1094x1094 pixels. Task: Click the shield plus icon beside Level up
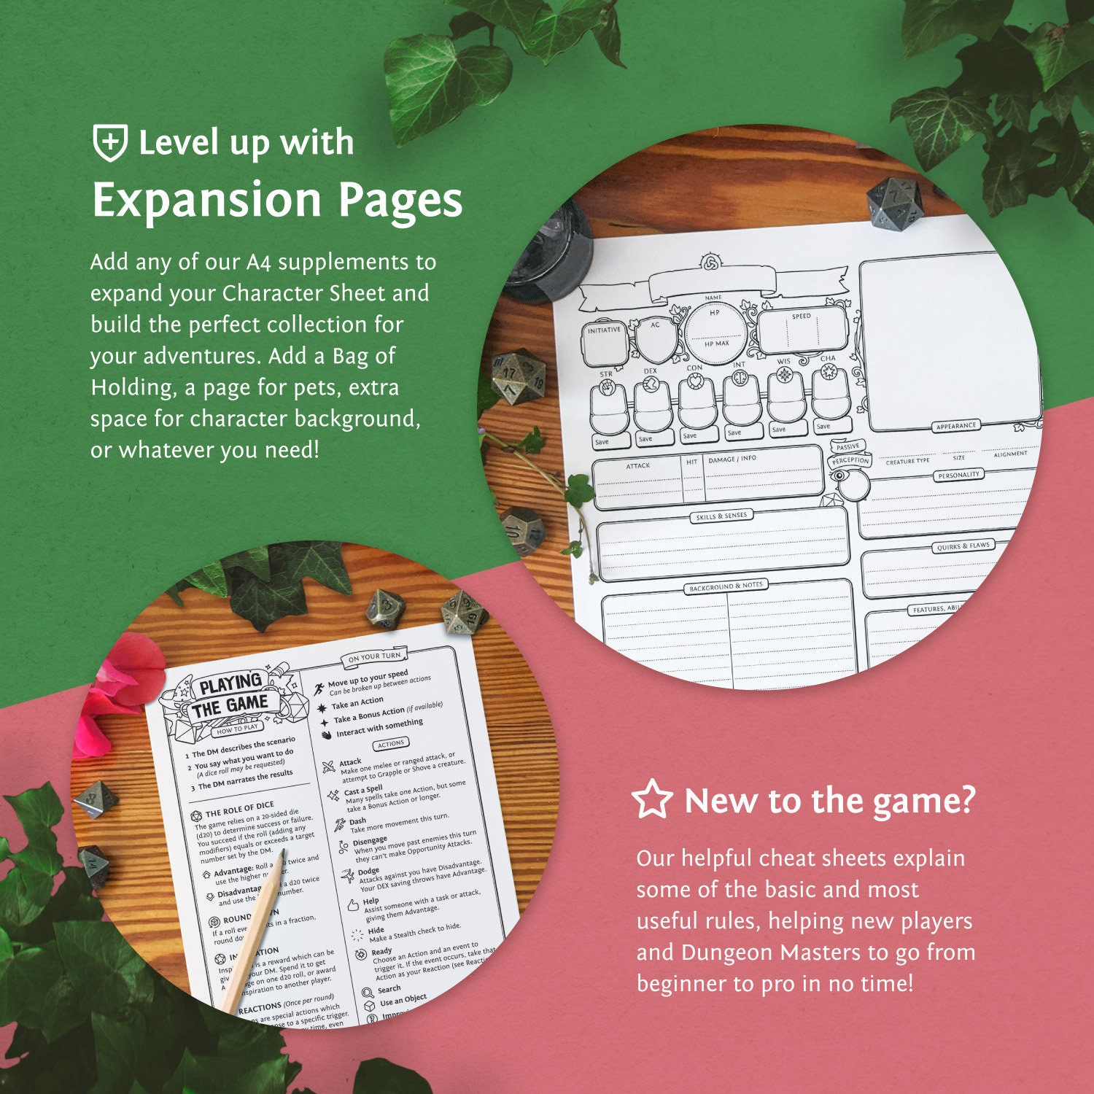click(x=110, y=142)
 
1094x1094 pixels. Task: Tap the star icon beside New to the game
click(x=651, y=799)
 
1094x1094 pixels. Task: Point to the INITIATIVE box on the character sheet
click(x=605, y=343)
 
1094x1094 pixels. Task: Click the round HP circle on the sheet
click(x=715, y=328)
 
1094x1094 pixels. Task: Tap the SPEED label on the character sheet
click(x=802, y=317)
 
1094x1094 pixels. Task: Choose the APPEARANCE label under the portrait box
click(x=955, y=426)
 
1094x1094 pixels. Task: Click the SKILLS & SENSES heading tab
click(x=721, y=516)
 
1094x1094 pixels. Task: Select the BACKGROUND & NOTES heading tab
click(x=726, y=586)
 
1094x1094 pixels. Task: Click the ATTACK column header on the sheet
click(x=637, y=465)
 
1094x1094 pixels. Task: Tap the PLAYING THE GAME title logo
click(x=230, y=695)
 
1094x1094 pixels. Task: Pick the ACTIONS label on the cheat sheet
click(x=391, y=744)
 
